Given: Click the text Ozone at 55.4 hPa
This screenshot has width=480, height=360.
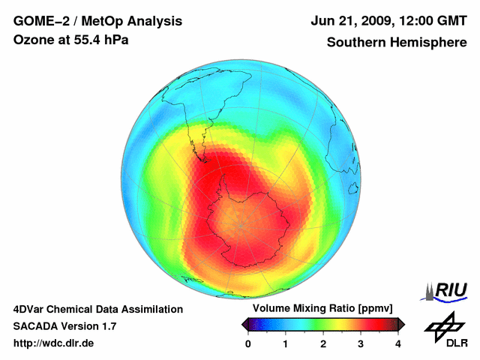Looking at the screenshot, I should tap(70, 40).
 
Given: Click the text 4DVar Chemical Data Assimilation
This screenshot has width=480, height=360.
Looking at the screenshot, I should tap(97, 309).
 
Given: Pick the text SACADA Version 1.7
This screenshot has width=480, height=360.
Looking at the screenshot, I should tap(64, 326).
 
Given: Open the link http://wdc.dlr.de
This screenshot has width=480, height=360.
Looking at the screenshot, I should tap(54, 343).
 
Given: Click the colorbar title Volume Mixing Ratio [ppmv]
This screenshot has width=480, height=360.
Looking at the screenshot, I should tap(323, 308).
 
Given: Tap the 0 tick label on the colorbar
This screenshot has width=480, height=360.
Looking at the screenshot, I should tap(248, 343).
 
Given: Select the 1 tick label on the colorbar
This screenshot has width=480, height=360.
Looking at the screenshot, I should tap(286, 343).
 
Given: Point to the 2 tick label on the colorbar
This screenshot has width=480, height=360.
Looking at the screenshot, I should tap(323, 343).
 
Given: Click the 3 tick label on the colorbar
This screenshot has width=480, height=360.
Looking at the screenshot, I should tap(361, 343).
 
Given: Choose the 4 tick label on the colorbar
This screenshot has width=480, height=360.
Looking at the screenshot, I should tap(398, 343).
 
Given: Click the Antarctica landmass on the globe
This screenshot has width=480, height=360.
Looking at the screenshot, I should tap(247, 225).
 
